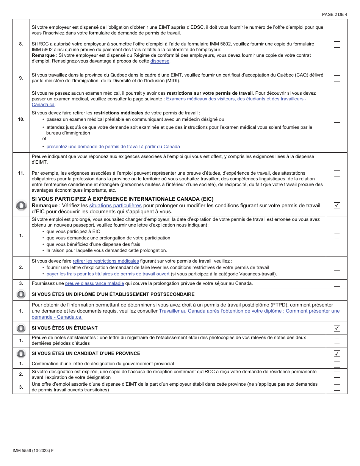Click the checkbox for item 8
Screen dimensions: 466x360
(337, 44)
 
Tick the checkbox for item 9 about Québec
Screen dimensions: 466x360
(337, 78)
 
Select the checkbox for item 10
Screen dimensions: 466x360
(337, 120)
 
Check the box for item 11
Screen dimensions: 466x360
(337, 174)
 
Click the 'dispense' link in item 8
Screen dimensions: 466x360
(160, 61)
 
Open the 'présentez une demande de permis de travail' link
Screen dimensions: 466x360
(113, 147)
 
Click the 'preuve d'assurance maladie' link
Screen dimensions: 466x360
(94, 283)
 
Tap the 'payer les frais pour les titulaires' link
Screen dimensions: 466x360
(108, 274)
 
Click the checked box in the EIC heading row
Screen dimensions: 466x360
(337, 205)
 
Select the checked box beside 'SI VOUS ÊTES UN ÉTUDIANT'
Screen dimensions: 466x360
(337, 328)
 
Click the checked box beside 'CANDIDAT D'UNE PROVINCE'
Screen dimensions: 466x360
(337, 353)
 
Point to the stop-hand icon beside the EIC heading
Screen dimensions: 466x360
(21, 205)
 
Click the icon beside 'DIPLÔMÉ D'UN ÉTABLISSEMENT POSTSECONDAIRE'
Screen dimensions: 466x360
(21, 294)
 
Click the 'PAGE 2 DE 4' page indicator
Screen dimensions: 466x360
(334, 14)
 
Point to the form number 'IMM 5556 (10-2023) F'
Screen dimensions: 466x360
(33, 450)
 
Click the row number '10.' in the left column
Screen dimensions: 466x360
(21, 119)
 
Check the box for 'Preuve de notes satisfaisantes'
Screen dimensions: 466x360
(337, 341)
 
